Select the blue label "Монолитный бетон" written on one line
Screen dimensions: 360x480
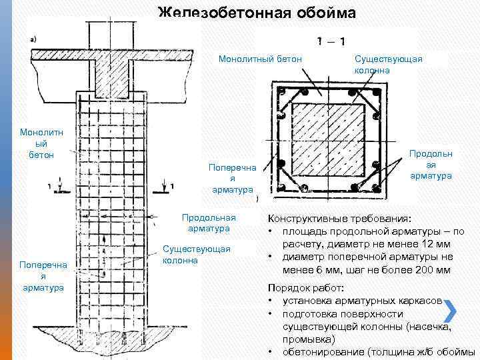tap(261, 60)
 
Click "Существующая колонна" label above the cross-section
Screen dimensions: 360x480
tap(389, 64)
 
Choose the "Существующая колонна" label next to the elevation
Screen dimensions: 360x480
tap(197, 254)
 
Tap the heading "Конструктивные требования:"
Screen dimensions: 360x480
tap(339, 218)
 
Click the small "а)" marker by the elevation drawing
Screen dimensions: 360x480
tap(34, 39)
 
